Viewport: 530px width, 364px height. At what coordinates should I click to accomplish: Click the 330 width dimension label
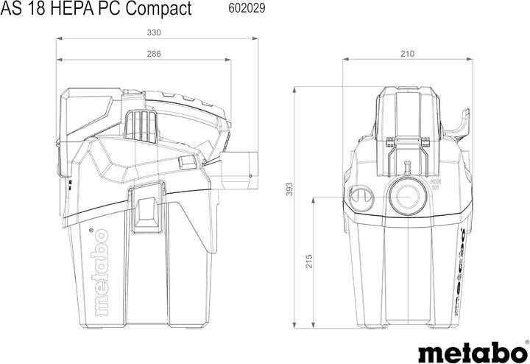tap(154, 32)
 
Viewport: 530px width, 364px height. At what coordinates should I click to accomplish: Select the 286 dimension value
tap(154, 54)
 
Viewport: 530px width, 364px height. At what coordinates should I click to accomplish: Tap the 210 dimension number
tap(407, 54)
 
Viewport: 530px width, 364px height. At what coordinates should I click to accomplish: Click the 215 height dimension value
tap(309, 262)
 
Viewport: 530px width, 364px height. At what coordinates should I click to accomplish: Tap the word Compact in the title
tap(158, 10)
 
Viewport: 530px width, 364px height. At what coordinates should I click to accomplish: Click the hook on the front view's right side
tap(461, 125)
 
